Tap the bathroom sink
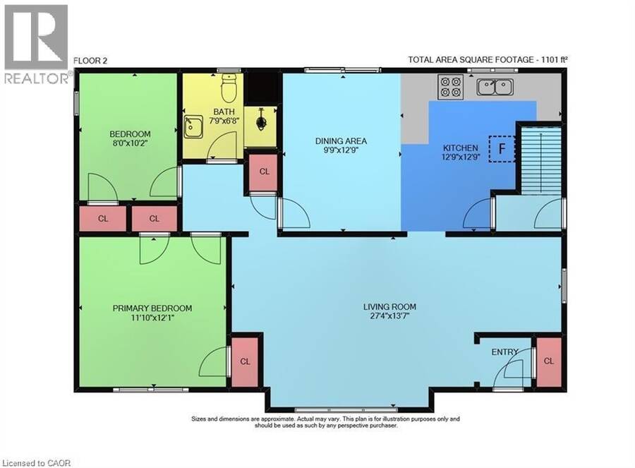pos(194,126)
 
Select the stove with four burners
pos(451,87)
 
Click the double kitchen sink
pos(495,87)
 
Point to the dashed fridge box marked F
pos(502,149)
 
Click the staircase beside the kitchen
pos(541,160)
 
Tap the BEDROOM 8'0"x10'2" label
pos(130,138)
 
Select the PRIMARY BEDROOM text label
pos(152,308)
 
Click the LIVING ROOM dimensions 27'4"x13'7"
pos(389,316)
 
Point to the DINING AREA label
pos(341,141)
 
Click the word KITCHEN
pos(461,148)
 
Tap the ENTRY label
pos(504,352)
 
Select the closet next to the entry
pos(549,361)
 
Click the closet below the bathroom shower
pos(264,172)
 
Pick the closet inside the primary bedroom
pos(245,361)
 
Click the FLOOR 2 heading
pos(90,61)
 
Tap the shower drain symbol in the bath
pos(261,121)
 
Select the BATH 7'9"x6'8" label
pos(224,116)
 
